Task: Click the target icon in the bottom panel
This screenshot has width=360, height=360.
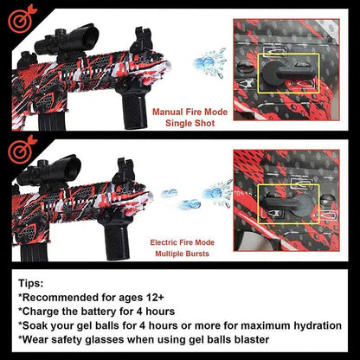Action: tap(22, 150)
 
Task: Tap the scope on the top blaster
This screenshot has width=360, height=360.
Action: tap(67, 41)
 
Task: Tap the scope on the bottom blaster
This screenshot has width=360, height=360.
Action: tap(49, 172)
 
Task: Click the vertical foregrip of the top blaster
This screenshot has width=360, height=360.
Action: tap(134, 106)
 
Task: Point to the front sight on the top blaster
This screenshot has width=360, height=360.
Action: tap(142, 40)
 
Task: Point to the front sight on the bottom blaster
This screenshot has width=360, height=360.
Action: tap(124, 170)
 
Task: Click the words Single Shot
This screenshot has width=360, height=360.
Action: tap(190, 123)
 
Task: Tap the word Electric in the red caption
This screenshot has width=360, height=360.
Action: tap(164, 242)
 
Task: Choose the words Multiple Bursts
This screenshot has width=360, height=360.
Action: tap(182, 254)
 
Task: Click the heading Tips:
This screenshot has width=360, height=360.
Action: tap(31, 283)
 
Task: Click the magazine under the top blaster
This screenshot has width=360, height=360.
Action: tap(52, 121)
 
